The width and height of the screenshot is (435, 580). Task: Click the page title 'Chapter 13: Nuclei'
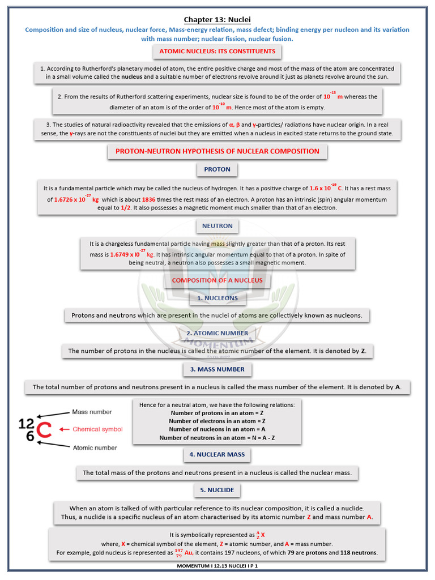[x=217, y=19]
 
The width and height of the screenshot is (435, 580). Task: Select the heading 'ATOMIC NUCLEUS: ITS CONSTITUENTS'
[x=217, y=52]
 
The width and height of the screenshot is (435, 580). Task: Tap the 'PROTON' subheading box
[x=217, y=169]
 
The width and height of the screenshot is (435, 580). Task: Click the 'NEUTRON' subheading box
[x=217, y=226]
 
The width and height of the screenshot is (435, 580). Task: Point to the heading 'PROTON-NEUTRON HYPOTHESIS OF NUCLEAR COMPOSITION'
[x=217, y=151]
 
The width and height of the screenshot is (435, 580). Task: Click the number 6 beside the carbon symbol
[x=29, y=437]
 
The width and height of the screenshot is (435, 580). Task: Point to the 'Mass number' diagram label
[x=92, y=412]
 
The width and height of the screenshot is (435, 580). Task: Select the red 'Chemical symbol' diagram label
[x=97, y=429]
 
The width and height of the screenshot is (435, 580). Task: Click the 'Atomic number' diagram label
[x=95, y=447]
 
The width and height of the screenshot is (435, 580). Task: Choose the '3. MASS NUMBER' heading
[x=217, y=369]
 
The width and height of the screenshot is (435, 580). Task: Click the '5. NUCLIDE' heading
[x=217, y=490]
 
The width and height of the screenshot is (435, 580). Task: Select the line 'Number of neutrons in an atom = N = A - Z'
[x=217, y=438]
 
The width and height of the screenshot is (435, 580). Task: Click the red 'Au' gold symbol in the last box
[x=190, y=553]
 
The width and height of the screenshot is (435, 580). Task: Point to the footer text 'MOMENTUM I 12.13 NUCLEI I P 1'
[x=217, y=566]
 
